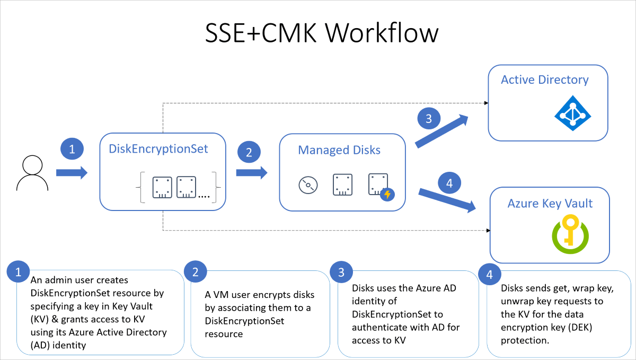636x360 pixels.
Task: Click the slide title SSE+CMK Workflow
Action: pyautogui.click(x=322, y=33)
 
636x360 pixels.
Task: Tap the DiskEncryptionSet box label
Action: pyautogui.click(x=158, y=149)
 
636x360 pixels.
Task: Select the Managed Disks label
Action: pyautogui.click(x=339, y=150)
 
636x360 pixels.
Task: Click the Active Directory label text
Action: pyautogui.click(x=545, y=80)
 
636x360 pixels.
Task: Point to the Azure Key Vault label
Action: pyautogui.click(x=550, y=204)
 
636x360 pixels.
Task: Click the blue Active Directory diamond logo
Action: pyautogui.click(x=572, y=113)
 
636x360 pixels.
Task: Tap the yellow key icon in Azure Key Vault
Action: pyautogui.click(x=570, y=230)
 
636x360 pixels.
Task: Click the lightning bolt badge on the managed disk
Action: pyautogui.click(x=387, y=195)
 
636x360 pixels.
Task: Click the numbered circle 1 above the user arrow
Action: pyautogui.click(x=73, y=150)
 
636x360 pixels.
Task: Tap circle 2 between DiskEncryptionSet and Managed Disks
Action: pyautogui.click(x=249, y=152)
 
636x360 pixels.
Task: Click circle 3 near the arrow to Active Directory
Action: pyautogui.click(x=429, y=118)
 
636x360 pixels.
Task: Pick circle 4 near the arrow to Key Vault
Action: pyautogui.click(x=449, y=184)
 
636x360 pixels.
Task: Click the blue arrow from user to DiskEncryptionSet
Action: pyautogui.click(x=72, y=172)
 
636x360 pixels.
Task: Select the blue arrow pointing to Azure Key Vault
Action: pyautogui.click(x=446, y=200)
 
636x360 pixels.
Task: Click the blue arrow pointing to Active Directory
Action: pyautogui.click(x=442, y=131)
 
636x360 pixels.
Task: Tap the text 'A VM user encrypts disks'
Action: pyautogui.click(x=259, y=295)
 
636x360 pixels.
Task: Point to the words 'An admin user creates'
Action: pyautogui.click(x=79, y=280)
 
